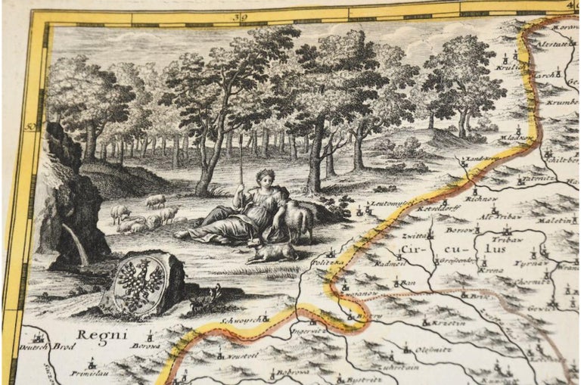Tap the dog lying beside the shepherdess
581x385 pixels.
tap(270, 250)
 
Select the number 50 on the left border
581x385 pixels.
tap(30, 126)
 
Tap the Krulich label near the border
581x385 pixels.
tap(509, 67)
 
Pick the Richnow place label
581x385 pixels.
tap(484, 198)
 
